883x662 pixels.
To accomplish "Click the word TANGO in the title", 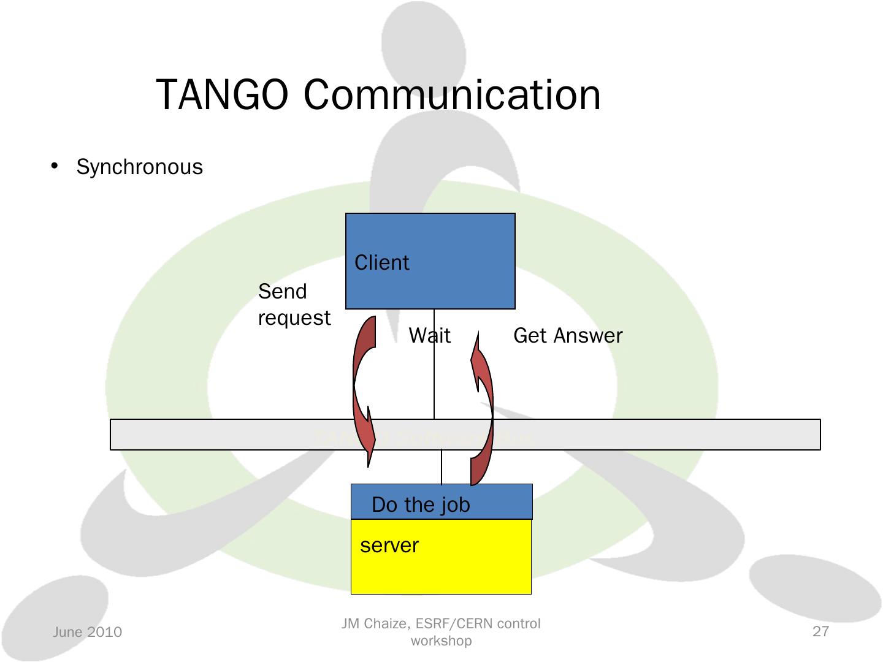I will point(222,95).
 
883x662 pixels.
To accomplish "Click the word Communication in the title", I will point(452,95).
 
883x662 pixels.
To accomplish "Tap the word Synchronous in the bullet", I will point(139,167).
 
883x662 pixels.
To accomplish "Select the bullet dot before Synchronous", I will point(55,166).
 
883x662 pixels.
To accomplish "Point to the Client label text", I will point(381,263).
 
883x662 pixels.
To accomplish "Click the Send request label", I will point(294,305).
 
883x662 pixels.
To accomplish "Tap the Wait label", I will point(429,336).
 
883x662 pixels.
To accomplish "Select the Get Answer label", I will point(567,336).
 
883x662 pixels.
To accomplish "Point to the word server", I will point(389,546).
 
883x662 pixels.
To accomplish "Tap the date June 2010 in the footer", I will point(87,632).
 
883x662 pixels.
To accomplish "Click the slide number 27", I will point(820,631).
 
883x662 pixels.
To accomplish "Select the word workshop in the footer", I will point(441,641).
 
